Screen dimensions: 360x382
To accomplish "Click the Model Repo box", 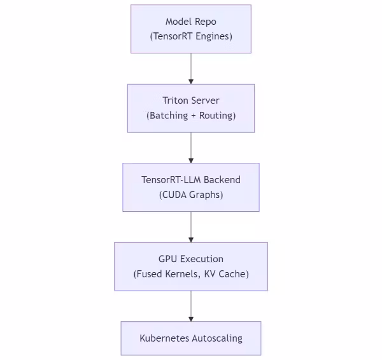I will tap(191, 29).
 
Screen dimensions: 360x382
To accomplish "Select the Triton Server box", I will tap(191, 108).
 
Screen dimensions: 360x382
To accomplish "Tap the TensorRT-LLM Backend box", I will tap(191, 187).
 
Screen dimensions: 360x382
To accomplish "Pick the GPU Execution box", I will tap(191, 267).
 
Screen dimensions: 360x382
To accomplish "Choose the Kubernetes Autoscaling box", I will tap(191, 338).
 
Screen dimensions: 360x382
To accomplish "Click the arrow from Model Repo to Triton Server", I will tap(191, 69).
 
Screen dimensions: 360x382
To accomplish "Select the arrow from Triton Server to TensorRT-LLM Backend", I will tap(191, 148).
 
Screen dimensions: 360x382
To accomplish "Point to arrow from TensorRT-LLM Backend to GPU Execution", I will tap(191, 227).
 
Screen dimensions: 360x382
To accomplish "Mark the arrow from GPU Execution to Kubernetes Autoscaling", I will tap(191, 306).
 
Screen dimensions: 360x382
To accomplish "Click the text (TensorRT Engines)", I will tap(191, 36).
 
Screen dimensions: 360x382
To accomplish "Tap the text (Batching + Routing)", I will tap(191, 116).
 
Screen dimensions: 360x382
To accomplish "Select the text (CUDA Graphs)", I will tap(191, 195).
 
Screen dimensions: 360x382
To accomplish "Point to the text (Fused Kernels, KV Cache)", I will tap(191, 274).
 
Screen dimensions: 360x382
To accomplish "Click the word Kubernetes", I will tap(164, 338).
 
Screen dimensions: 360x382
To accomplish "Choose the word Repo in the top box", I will tap(205, 22).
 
